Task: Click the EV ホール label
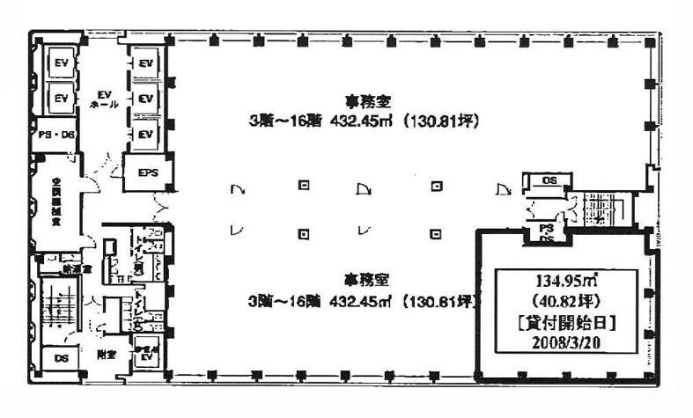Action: [105, 98]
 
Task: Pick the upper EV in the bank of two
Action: [60, 64]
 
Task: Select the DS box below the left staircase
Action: [61, 358]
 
